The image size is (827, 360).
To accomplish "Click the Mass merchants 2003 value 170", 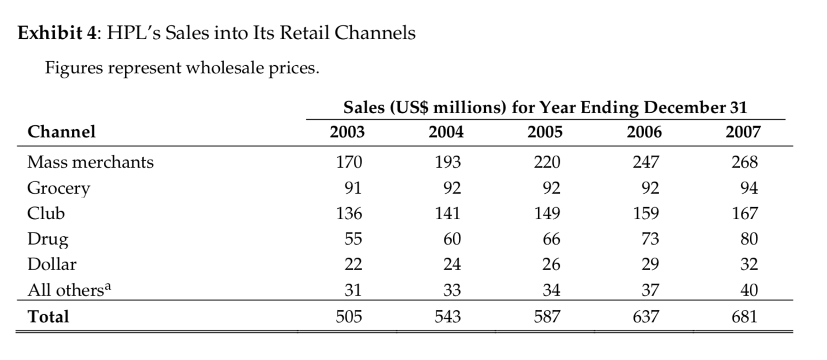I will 349,162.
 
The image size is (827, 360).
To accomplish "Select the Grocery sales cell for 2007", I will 749,188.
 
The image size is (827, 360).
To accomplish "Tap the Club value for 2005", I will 548,214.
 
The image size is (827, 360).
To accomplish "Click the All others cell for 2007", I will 749,290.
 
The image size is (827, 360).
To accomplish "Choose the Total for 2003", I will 349,316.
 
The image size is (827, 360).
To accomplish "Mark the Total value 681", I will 745,316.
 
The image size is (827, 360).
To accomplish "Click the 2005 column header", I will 545,133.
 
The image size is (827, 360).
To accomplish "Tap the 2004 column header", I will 446,133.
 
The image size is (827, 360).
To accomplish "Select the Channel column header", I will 61,131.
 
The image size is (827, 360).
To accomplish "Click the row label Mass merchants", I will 91,162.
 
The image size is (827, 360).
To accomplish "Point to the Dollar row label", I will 52,264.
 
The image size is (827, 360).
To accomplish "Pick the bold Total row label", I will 49,316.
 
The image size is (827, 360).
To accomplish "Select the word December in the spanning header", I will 683,108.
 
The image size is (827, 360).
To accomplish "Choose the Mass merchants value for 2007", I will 745,162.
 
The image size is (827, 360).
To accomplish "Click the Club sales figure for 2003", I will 349,214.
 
